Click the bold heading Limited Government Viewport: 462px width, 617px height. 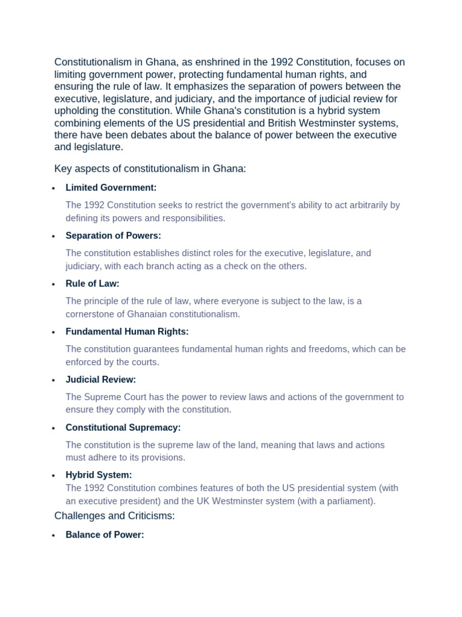[111, 187]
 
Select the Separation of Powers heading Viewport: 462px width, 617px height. [113, 236]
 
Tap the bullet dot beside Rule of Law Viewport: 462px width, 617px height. [54, 284]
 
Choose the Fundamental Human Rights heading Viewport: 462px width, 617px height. [127, 331]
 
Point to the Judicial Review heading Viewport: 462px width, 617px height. [100, 380]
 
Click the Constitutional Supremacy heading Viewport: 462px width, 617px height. [123, 427]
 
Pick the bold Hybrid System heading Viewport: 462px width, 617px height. [99, 475]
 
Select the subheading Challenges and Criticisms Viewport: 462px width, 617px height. [114, 516]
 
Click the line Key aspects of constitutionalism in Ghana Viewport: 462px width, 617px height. [150, 169]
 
